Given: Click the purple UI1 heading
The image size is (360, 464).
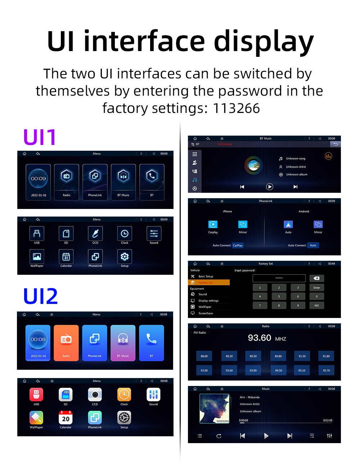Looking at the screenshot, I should point(40,137).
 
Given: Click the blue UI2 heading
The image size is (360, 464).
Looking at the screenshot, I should point(40,296).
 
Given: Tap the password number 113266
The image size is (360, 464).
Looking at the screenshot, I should point(236,108).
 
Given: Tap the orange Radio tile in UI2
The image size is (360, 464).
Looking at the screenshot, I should point(66,343).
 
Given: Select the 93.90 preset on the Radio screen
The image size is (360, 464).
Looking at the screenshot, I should point(253,370).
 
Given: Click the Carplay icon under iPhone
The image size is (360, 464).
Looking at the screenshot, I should point(213,224).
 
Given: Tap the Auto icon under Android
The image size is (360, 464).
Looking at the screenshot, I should point(288,224).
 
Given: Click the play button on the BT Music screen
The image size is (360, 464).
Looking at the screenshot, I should point(269,187).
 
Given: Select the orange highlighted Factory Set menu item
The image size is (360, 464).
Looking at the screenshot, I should point(209,283).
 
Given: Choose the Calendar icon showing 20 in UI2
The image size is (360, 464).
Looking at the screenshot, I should point(66,418).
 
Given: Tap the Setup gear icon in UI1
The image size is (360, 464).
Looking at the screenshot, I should point(125,256).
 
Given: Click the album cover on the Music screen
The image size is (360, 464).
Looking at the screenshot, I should point(215,408).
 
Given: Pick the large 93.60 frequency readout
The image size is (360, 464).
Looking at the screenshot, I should point(260,338).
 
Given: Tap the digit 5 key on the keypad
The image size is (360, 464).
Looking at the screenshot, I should point(279,296).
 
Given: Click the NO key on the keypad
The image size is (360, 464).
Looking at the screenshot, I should point(316,305).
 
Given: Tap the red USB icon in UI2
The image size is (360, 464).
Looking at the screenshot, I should point(36,395).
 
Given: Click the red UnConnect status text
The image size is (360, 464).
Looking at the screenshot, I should point(225,144).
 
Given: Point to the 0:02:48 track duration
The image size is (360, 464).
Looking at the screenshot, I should point(328,420).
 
